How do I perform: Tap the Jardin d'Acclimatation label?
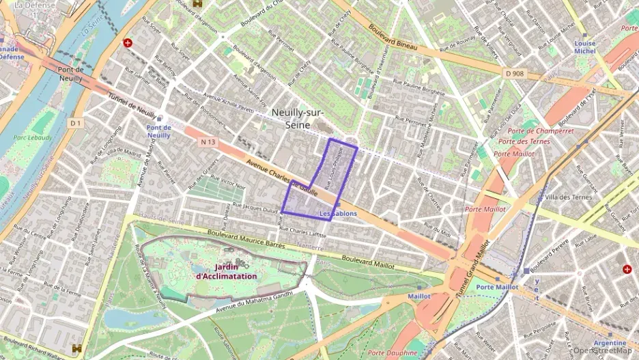point(226,271)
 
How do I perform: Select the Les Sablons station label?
point(339,214)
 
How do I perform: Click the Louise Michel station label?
point(584,47)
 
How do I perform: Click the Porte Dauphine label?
point(392,352)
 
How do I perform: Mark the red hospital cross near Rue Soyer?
point(128,42)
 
